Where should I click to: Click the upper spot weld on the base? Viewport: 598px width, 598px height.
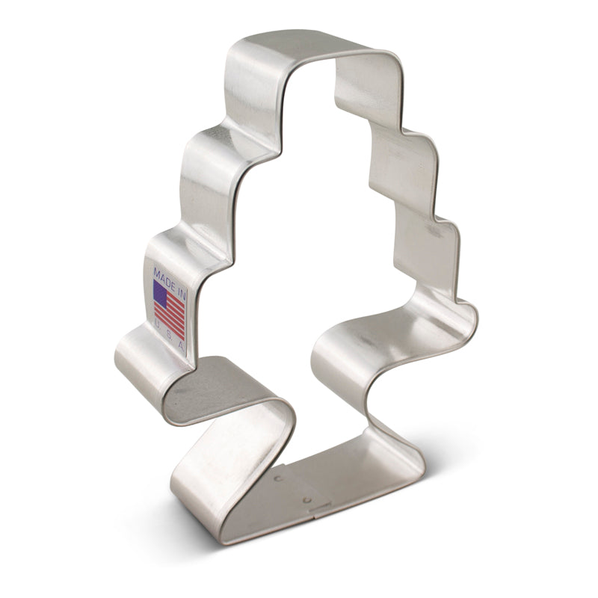[277, 475]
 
